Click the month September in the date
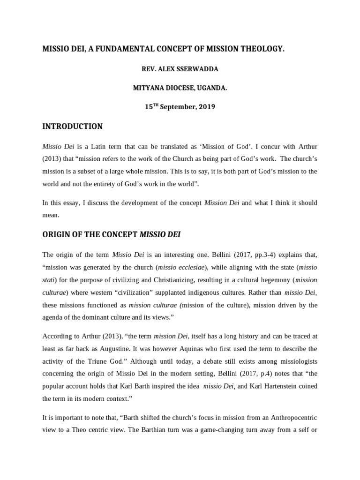tap(176, 107)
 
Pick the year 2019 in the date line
tap(207, 107)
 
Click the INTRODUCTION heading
tap(72, 127)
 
